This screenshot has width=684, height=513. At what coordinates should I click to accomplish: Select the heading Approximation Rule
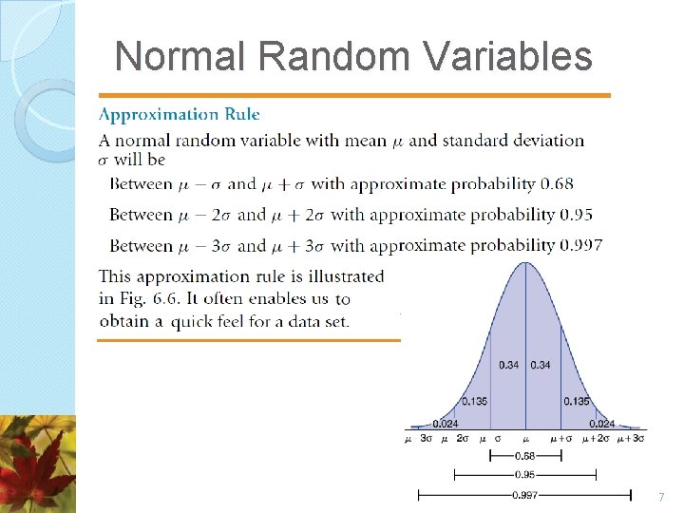pos(179,114)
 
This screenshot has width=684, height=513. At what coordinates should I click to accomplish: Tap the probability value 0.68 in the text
pos(556,184)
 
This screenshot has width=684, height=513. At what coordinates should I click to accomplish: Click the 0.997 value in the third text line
pos(580,245)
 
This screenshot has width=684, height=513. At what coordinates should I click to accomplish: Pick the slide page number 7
pos(661,498)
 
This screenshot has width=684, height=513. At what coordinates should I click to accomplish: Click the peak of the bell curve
pos(525,263)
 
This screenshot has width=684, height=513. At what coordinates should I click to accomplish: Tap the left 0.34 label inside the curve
pos(509,365)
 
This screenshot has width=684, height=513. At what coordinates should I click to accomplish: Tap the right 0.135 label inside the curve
pos(576,401)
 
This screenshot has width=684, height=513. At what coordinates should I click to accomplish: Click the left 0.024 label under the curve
pos(443,424)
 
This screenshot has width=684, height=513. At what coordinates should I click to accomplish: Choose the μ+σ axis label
pos(560,439)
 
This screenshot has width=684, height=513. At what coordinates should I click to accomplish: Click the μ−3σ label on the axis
pos(420,439)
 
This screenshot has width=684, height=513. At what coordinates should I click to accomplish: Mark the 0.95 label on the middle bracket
pos(524,473)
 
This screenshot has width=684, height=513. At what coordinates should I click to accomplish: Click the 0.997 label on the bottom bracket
pos(524,494)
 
